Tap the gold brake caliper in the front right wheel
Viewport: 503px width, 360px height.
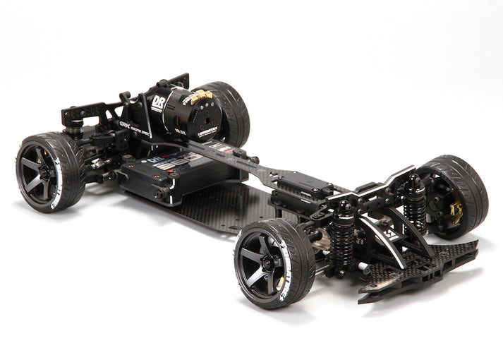pos(456,210)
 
